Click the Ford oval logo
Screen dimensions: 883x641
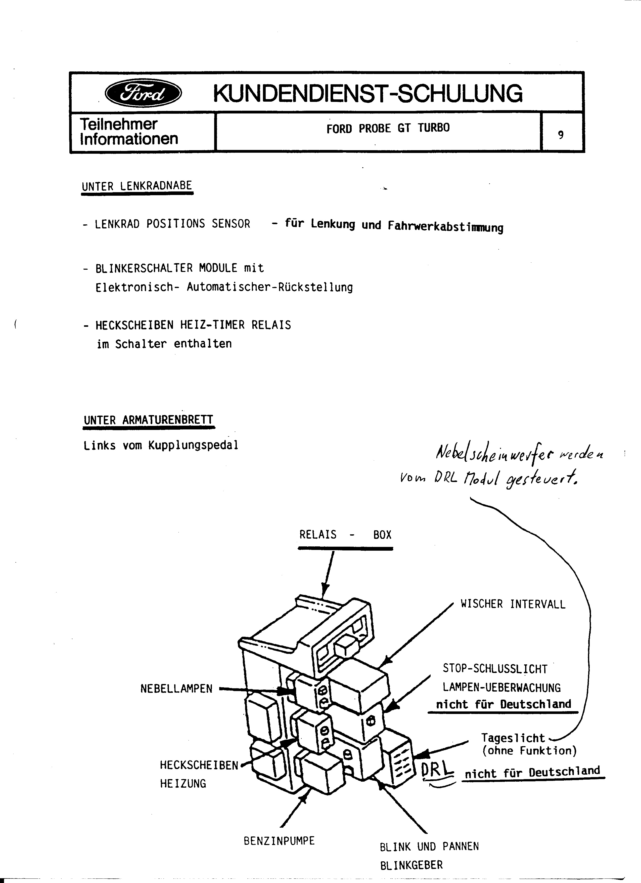[x=143, y=93]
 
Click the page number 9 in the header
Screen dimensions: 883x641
[x=561, y=135]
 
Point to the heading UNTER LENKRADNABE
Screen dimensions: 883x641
[x=137, y=186]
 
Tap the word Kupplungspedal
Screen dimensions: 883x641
[x=193, y=445]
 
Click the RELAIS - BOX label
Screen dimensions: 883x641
[x=345, y=535]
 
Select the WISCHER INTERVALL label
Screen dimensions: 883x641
[x=513, y=604]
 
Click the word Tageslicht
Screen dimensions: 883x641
[x=513, y=738]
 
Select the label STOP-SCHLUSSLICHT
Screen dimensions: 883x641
[x=495, y=669]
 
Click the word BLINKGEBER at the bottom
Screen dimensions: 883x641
[x=411, y=865]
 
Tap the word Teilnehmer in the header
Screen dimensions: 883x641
[x=119, y=124]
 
